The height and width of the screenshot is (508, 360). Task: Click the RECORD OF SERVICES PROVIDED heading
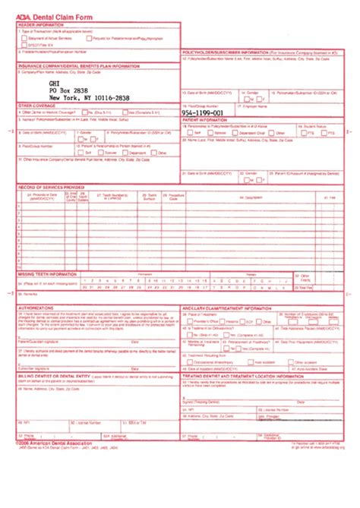tap(52, 187)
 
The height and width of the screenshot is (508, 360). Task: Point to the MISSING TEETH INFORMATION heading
tap(47, 272)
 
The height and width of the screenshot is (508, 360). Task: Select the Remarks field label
tap(30, 292)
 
